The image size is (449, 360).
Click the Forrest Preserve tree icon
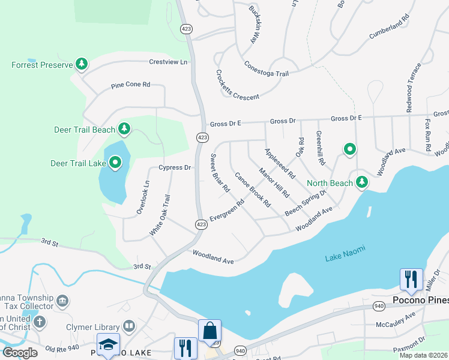(x=82, y=64)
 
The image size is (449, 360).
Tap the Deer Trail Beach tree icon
(x=124, y=128)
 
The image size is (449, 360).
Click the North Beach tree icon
(x=361, y=181)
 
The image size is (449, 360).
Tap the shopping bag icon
(x=209, y=331)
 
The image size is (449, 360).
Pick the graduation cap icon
(x=108, y=345)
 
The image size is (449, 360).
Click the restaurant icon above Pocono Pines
(x=411, y=279)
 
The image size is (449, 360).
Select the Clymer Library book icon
(x=128, y=326)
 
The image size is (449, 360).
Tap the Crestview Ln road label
(x=168, y=62)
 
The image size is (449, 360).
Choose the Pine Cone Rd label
(x=130, y=85)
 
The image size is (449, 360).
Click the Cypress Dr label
(x=174, y=167)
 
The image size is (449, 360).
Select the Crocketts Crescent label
(x=237, y=85)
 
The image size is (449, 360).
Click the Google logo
(x=20, y=352)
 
